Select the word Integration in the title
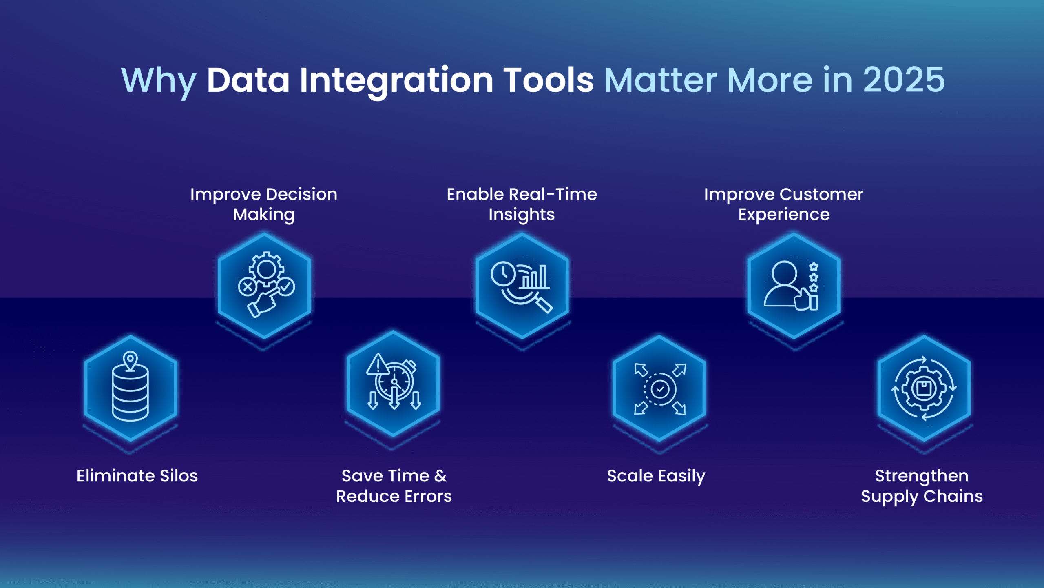[396, 80]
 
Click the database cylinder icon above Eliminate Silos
[130, 394]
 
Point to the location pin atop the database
[130, 360]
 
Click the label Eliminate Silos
[137, 476]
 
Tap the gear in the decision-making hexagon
[266, 268]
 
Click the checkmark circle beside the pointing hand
[286, 286]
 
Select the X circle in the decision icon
[247, 287]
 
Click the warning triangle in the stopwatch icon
[378, 364]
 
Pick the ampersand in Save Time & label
[440, 476]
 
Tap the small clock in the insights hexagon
[503, 273]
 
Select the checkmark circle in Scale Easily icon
[660, 389]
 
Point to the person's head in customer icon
[784, 273]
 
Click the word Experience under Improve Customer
[783, 215]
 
